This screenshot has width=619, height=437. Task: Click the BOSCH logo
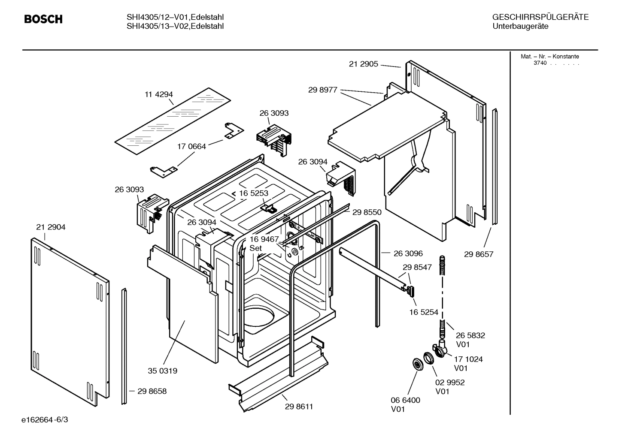pyautogui.click(x=43, y=19)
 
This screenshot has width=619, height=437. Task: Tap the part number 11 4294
pyautogui.click(x=158, y=94)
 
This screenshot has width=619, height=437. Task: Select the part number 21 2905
pyautogui.click(x=363, y=64)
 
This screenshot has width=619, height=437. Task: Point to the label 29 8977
pyautogui.click(x=322, y=90)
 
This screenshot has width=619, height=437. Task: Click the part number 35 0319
pyautogui.click(x=163, y=371)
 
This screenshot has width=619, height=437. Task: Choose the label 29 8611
pyautogui.click(x=299, y=407)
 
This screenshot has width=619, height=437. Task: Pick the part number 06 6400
pyautogui.click(x=405, y=400)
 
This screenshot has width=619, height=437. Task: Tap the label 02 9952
pyautogui.click(x=450, y=382)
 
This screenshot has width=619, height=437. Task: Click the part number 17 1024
pyautogui.click(x=468, y=359)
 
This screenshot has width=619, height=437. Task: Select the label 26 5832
pyautogui.click(x=470, y=335)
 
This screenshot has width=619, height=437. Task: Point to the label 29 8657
pyautogui.click(x=479, y=254)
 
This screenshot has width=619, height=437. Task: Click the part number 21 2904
pyautogui.click(x=51, y=227)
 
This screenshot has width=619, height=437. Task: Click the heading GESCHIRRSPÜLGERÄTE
pyautogui.click(x=540, y=17)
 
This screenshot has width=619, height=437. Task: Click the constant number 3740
pyautogui.click(x=540, y=63)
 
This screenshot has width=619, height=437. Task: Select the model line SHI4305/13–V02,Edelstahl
pyautogui.click(x=175, y=26)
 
